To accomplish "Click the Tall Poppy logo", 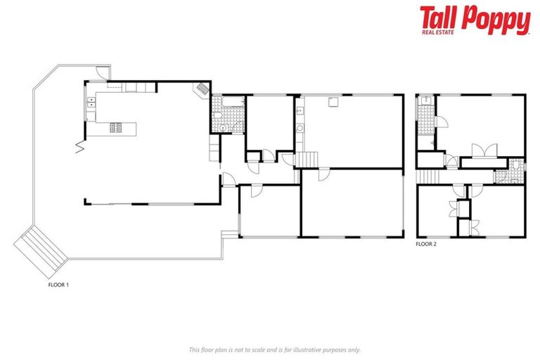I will point(475,20).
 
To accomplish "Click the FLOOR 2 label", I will point(426,244).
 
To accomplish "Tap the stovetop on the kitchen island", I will point(116,127).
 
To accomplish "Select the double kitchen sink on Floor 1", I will point(91,103).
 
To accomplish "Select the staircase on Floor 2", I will point(428,176).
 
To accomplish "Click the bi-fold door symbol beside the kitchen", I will point(79,146).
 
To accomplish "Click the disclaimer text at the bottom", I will point(274,349).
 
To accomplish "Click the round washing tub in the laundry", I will point(300,128).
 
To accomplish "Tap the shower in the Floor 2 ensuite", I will point(425,105).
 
